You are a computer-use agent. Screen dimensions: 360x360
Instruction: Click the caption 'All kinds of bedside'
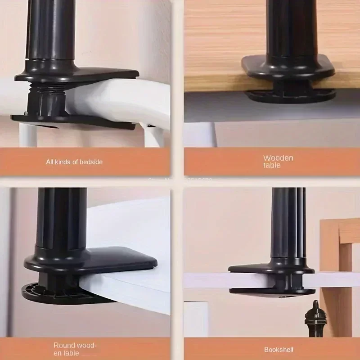74,162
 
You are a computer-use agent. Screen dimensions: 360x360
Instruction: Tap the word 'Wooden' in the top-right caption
278,157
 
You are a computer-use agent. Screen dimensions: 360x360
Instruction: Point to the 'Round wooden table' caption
74,349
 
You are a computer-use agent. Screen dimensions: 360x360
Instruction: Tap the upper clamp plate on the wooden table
288,67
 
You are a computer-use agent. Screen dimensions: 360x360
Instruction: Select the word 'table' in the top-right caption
272,165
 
